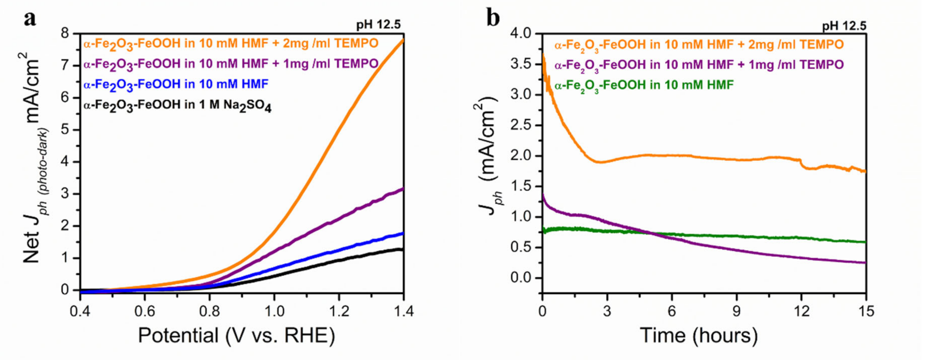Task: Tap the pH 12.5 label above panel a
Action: pos(378,25)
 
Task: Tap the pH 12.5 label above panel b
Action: pos(844,26)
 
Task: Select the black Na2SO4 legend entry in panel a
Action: pos(177,105)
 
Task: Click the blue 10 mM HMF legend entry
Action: pos(175,85)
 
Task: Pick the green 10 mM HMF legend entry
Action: pos(644,86)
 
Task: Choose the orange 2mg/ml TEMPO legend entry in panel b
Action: pos(699,45)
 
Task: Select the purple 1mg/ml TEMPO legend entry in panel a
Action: pos(230,64)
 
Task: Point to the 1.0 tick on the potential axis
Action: pos(274,311)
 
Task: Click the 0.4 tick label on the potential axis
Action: pos(80,311)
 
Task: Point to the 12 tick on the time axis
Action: pos(801,311)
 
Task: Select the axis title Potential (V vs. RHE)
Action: pos(236,335)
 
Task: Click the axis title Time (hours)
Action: pos(699,335)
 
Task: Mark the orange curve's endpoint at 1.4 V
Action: pos(403,40)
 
